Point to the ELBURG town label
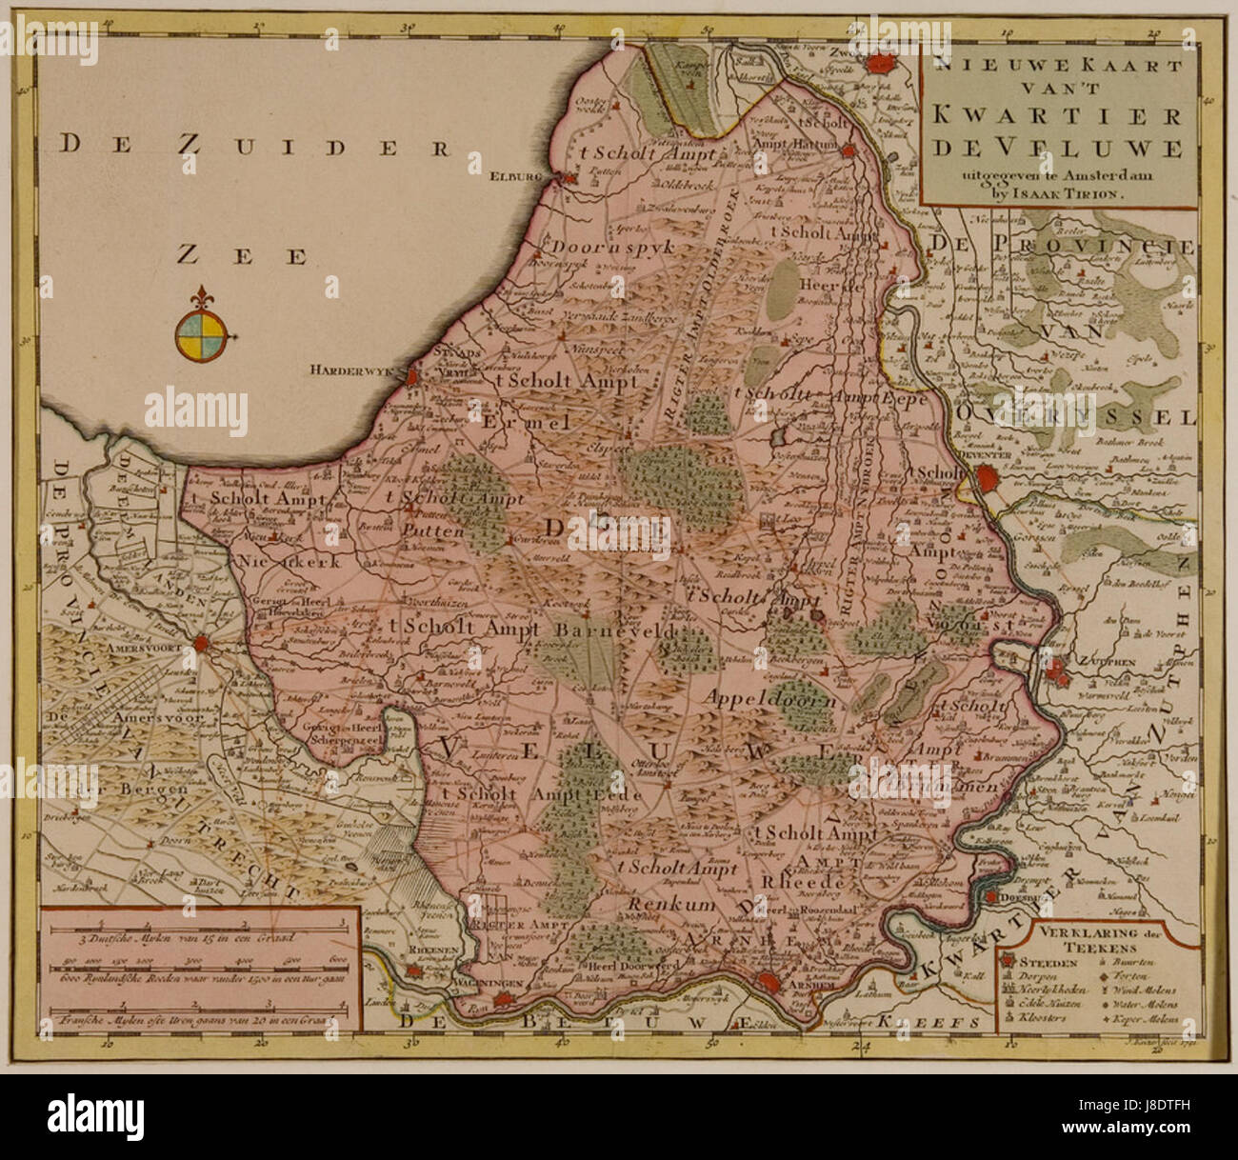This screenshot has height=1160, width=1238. pyautogui.click(x=538, y=176)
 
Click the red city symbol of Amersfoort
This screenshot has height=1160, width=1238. pyautogui.click(x=201, y=645)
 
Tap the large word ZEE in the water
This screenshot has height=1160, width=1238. pyautogui.click(x=245, y=254)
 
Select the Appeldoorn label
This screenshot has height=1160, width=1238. pyautogui.click(x=772, y=697)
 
